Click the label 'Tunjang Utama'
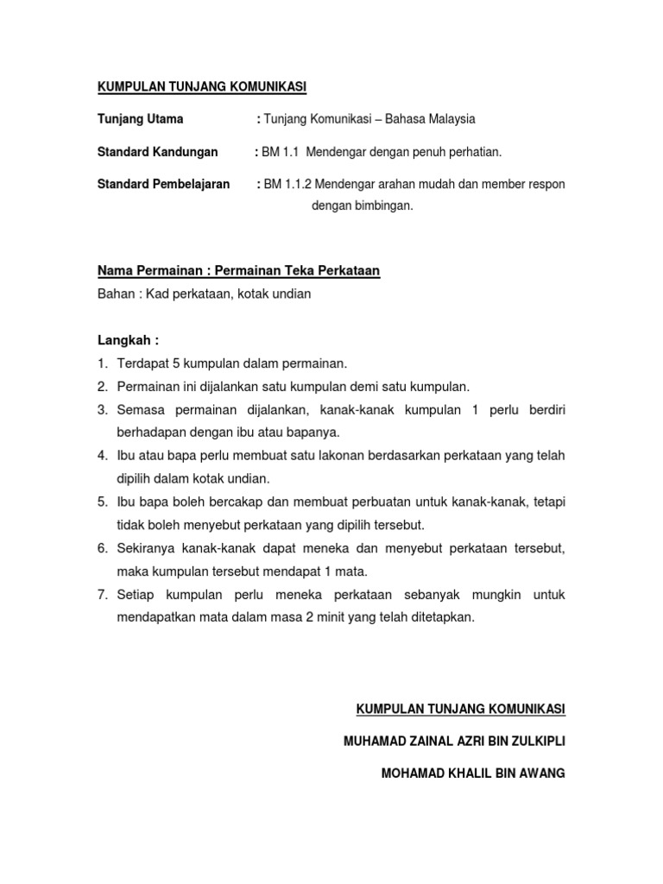click(x=140, y=119)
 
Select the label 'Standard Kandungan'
click(x=157, y=152)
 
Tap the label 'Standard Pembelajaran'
click(x=163, y=185)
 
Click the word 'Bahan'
click(x=115, y=294)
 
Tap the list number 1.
click(x=102, y=363)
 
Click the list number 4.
click(x=102, y=455)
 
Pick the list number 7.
click(x=102, y=595)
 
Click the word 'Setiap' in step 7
click(x=135, y=595)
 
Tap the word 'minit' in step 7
click(x=333, y=617)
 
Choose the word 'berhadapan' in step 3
click(x=150, y=432)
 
